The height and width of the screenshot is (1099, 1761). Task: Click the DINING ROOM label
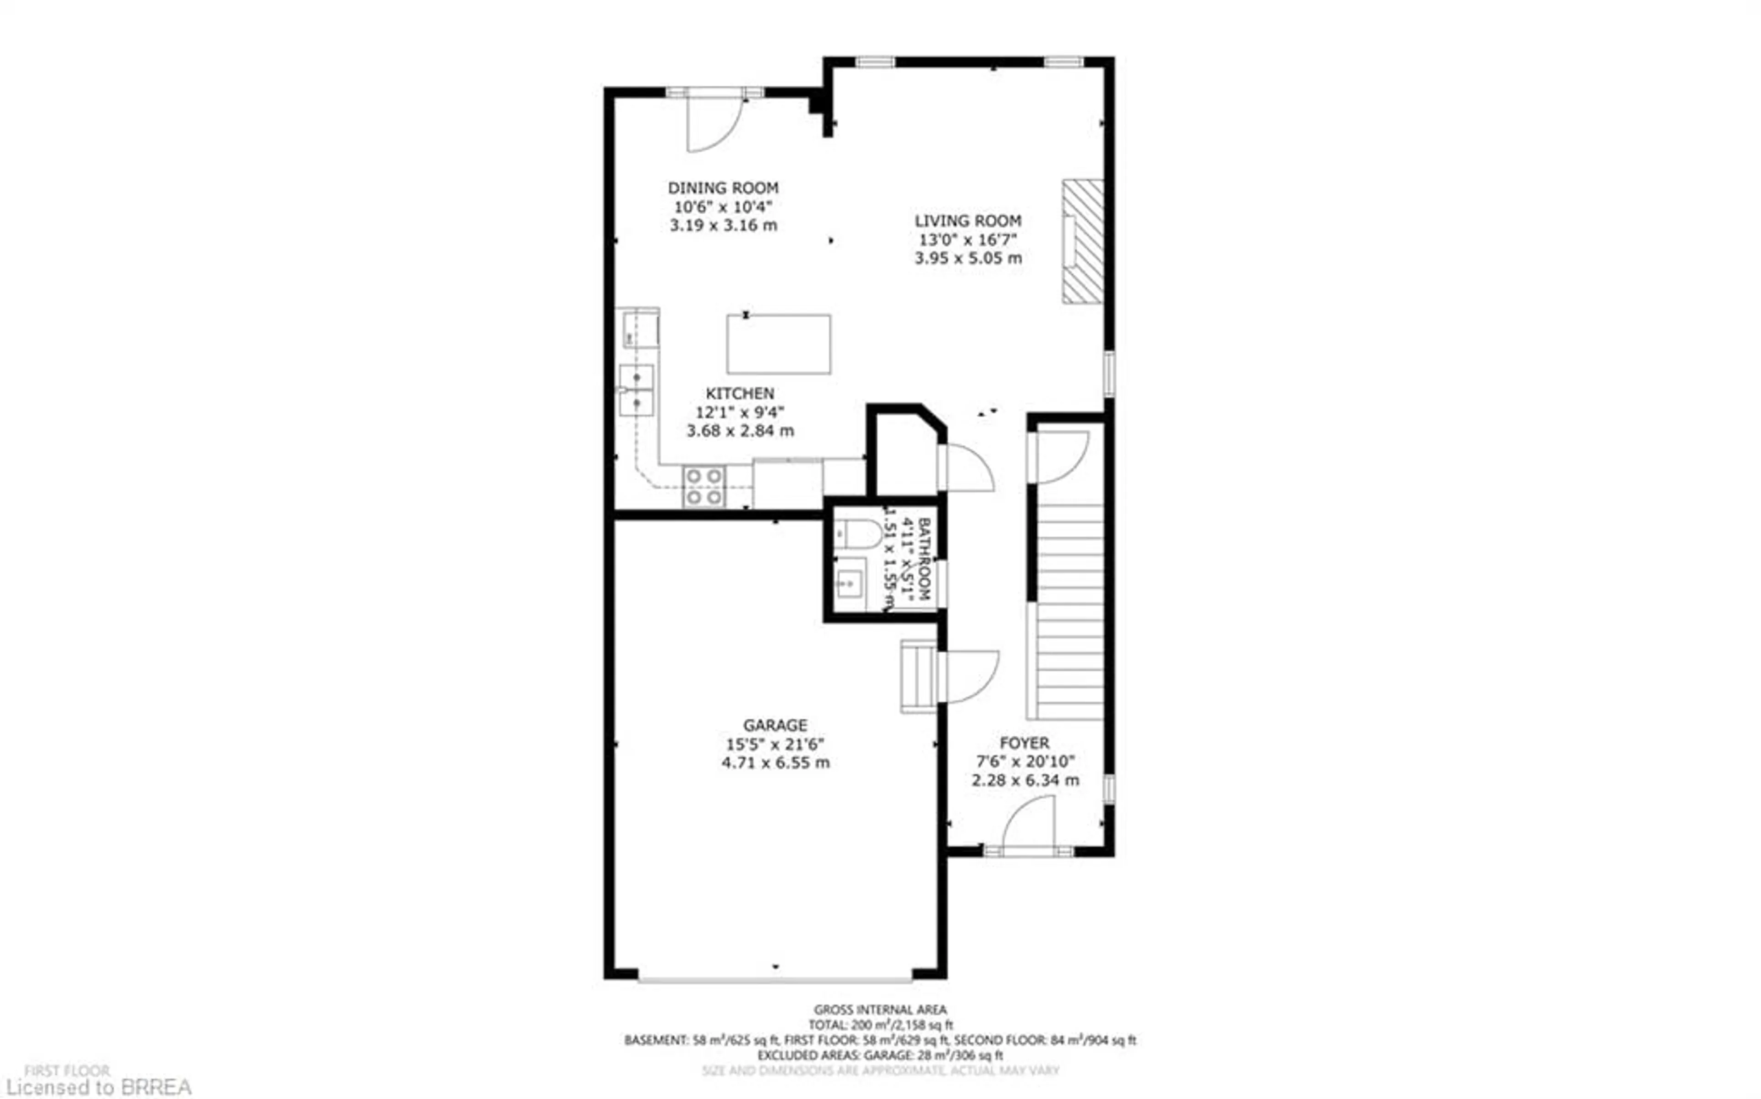point(723,188)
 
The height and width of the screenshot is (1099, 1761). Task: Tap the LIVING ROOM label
point(968,220)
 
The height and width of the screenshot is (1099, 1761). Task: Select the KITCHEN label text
point(740,393)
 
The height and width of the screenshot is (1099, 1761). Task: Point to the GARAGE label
point(775,725)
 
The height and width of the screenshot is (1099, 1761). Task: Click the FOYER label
point(1024,743)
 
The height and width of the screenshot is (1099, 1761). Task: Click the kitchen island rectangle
point(778,344)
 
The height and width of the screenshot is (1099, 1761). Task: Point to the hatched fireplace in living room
point(1082,241)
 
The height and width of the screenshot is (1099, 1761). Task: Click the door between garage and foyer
point(970,676)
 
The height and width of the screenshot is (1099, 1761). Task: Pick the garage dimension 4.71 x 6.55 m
point(775,762)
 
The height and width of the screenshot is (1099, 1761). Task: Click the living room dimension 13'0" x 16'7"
point(968,239)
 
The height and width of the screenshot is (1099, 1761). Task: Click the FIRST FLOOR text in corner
point(67,1071)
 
